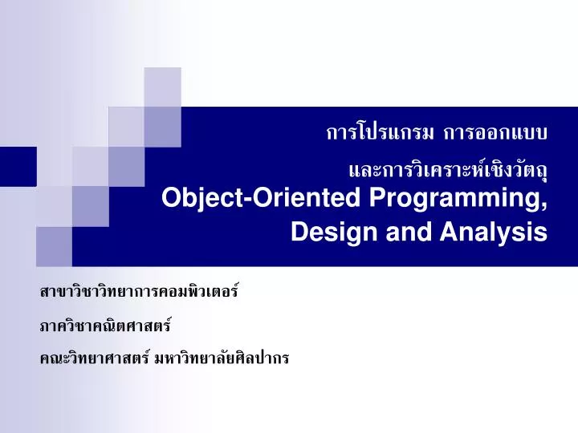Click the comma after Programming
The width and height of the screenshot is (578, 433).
(545, 207)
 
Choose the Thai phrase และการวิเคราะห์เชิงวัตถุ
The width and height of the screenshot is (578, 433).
(447, 169)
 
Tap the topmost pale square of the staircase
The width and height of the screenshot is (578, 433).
(162, 87)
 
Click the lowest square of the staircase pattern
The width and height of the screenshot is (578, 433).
(54, 245)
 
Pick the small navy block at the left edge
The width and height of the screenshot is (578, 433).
(18, 166)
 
